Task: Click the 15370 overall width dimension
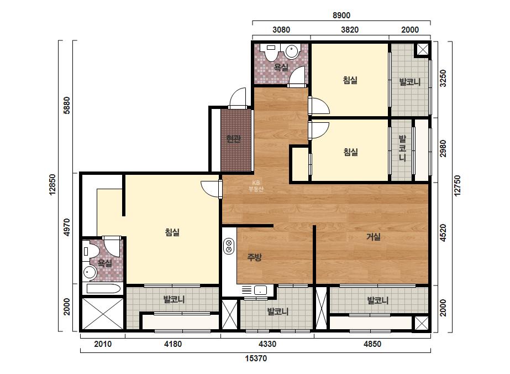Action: coord(256,359)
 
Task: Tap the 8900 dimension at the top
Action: coord(341,15)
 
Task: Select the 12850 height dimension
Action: coord(52,185)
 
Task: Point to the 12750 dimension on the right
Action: coord(458,186)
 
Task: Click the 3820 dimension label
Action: coord(350,30)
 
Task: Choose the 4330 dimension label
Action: coord(267,344)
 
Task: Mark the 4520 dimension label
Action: coord(443,233)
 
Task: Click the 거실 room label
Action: coord(374,237)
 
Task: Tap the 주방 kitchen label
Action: coord(254,257)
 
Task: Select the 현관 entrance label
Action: coord(234,139)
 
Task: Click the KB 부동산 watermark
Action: coord(256,186)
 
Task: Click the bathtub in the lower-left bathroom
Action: coord(103,289)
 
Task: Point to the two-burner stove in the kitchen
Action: coord(229,246)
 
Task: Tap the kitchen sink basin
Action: coord(261,290)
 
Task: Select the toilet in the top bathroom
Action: coord(271,52)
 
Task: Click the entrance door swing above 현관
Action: coord(237,98)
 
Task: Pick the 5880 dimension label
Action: coord(67,105)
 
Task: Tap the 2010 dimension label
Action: coord(103,344)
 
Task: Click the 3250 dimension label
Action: coord(443,78)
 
